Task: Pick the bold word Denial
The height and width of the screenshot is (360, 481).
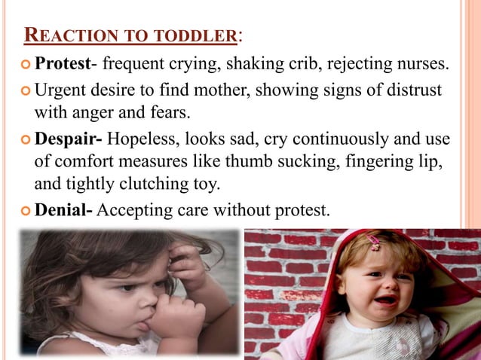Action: tap(63, 210)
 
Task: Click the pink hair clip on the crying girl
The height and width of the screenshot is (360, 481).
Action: tap(375, 243)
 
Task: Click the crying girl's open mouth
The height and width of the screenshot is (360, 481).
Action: tap(385, 300)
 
